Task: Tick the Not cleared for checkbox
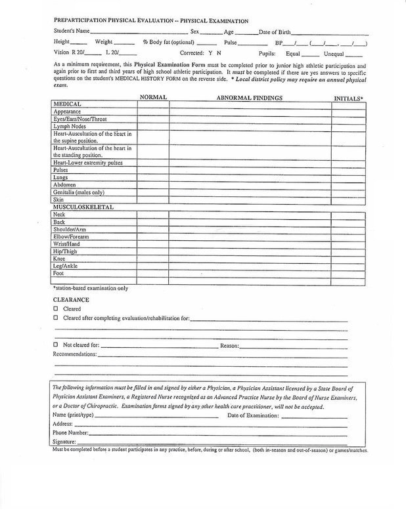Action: (x=56, y=344)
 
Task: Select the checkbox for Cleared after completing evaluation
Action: (x=56, y=318)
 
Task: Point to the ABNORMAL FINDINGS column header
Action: (x=250, y=97)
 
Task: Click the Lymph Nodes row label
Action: (x=70, y=127)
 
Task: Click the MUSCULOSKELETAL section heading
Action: (x=83, y=207)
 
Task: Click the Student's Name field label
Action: (x=69, y=31)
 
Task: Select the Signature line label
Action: (x=67, y=443)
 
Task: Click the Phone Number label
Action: (x=70, y=434)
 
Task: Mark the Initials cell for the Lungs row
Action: (x=349, y=177)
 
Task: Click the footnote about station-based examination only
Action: (x=90, y=287)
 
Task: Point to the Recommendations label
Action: (x=74, y=354)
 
